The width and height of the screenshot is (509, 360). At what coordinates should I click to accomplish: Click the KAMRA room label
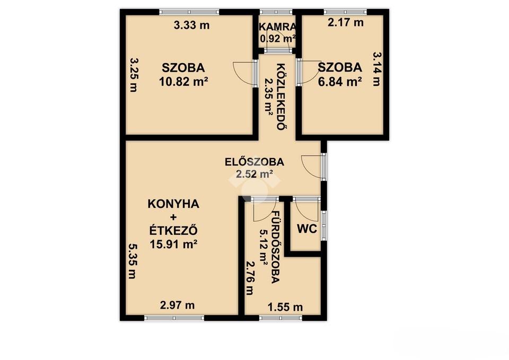[277, 27]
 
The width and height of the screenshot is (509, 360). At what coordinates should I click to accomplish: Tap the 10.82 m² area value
[183, 82]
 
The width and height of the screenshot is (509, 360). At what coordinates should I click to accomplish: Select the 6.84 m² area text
[340, 82]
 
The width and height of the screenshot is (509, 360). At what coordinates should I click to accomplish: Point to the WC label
[307, 229]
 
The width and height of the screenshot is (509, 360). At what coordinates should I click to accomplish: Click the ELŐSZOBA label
[254, 162]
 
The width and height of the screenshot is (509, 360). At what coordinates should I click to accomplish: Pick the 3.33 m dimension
[191, 25]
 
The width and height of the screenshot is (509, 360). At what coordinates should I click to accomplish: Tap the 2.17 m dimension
[345, 23]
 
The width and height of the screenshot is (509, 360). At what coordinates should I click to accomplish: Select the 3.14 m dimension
[376, 69]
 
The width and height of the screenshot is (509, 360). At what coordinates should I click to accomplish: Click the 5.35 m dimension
[132, 261]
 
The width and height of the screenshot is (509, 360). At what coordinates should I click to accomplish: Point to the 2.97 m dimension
[177, 305]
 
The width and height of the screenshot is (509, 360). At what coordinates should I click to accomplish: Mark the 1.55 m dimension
[285, 307]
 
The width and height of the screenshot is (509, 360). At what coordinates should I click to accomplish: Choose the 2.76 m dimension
[249, 278]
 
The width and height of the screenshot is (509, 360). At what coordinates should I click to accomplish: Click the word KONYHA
[173, 204]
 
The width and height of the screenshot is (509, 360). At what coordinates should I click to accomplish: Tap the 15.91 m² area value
[174, 244]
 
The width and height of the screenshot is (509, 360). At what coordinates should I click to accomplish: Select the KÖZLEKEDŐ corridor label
[280, 96]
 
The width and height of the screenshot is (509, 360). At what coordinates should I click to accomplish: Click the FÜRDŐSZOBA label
[275, 248]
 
